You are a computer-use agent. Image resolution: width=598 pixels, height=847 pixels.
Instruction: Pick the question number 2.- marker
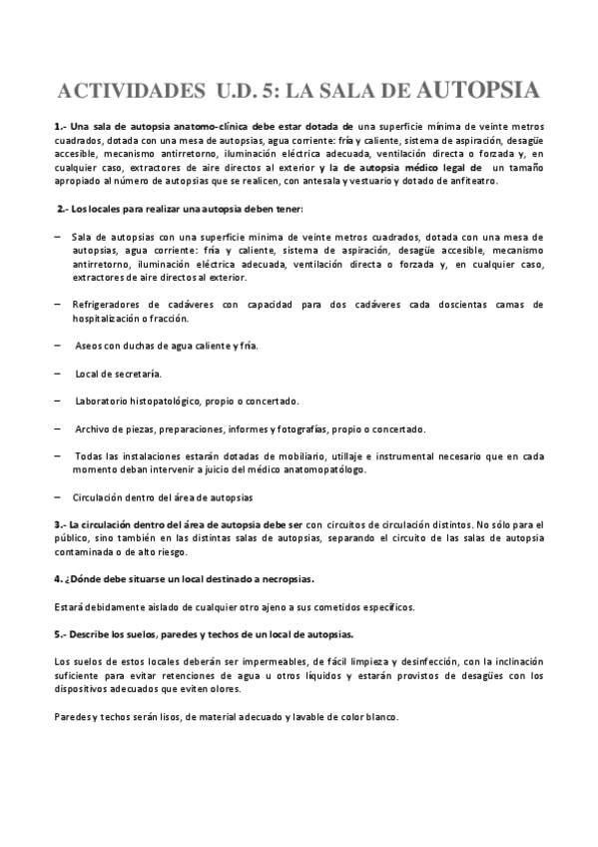pos(62,208)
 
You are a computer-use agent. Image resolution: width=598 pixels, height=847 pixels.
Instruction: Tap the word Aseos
pos(90,346)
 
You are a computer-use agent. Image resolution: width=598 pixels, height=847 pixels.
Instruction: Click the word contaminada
pos(85,551)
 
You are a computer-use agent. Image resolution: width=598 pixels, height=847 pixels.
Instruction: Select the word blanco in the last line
pos(379,717)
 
